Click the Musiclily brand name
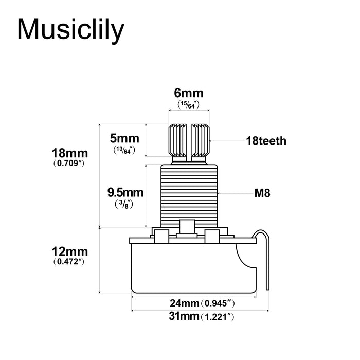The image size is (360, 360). coord(71,29)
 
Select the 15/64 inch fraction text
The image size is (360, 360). coord(189,104)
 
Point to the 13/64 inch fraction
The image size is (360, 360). coord(124,150)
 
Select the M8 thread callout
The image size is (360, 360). coord(262,193)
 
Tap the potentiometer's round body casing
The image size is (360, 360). coord(193,267)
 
